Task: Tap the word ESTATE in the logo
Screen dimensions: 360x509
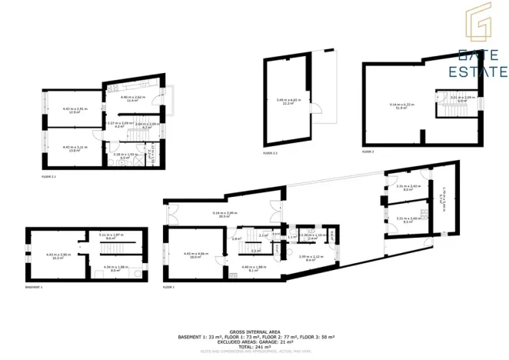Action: (480, 72)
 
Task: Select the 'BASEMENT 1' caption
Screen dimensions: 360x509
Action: (35, 287)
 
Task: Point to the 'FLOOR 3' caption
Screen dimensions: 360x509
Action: (368, 152)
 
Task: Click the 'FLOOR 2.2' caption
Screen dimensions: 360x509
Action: (271, 154)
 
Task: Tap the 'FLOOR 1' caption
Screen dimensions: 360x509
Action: (169, 287)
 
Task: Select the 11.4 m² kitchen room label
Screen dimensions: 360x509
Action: (131, 99)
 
